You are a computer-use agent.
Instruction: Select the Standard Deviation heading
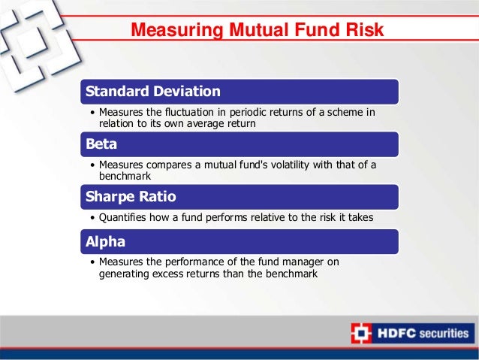coord(153,92)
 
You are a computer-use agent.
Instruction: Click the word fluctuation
coord(186,113)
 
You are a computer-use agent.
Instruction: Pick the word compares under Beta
coord(172,165)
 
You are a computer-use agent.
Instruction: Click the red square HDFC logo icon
coord(360,334)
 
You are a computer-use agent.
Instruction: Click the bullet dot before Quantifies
coord(92,218)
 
